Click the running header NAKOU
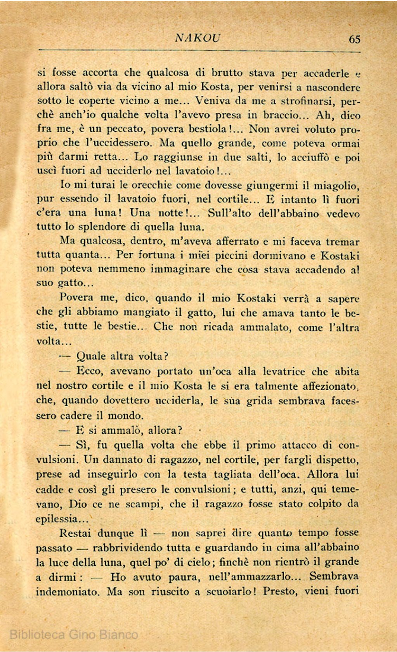click(x=198, y=38)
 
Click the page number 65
click(x=354, y=39)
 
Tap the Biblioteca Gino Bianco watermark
click(x=74, y=634)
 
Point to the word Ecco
click(x=90, y=371)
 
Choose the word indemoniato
click(x=68, y=592)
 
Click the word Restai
click(x=76, y=533)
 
